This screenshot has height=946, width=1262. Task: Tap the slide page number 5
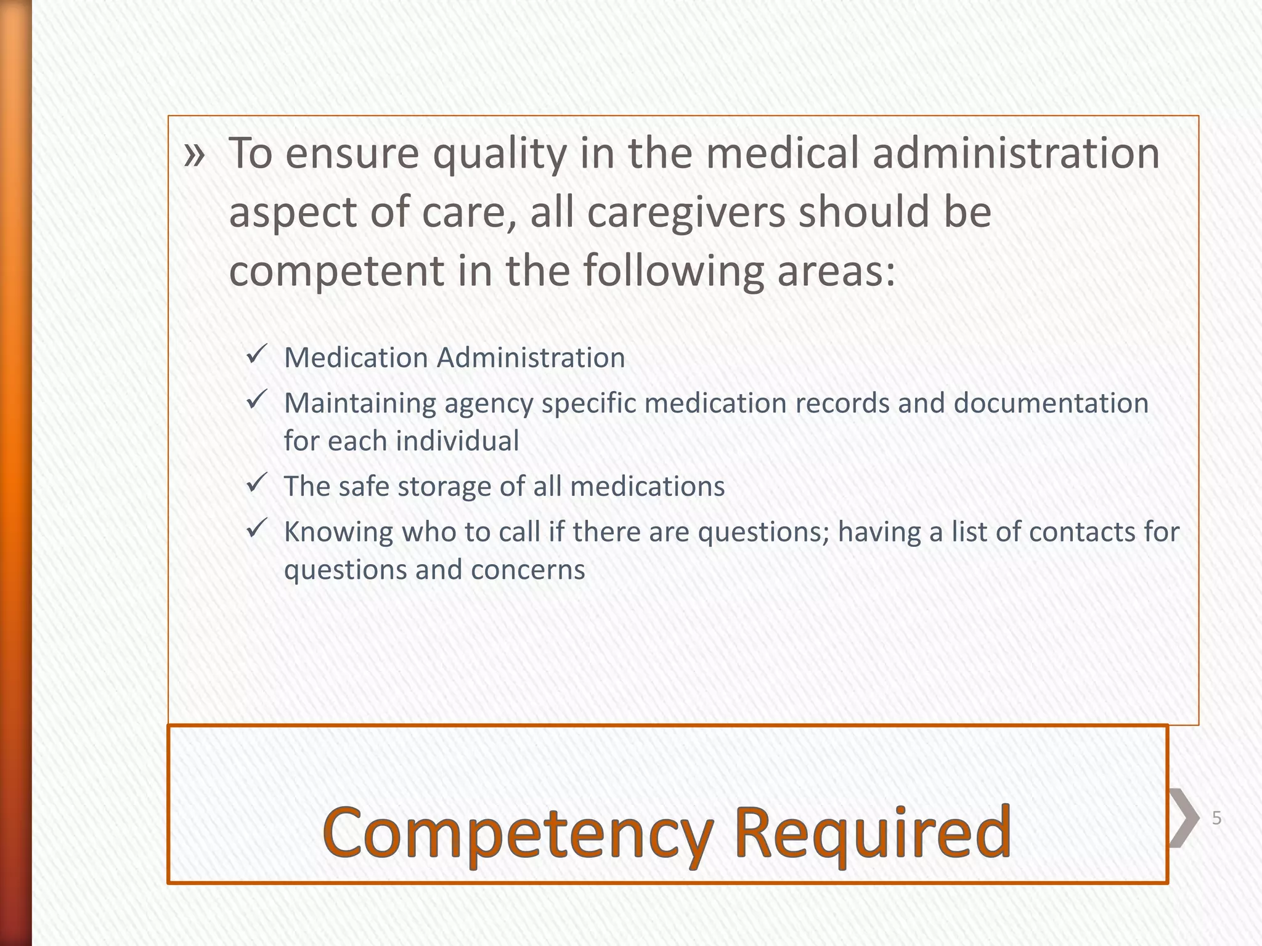click(1216, 819)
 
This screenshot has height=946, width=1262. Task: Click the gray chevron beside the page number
click(1183, 818)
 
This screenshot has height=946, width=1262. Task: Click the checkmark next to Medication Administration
click(256, 355)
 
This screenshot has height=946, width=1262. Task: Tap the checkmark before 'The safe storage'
click(256, 483)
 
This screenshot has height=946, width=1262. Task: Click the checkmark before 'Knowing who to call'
click(256, 529)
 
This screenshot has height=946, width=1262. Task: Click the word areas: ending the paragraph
click(836, 271)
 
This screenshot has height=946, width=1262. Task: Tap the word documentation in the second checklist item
click(1051, 403)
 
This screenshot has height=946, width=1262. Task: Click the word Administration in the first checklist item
click(531, 358)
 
